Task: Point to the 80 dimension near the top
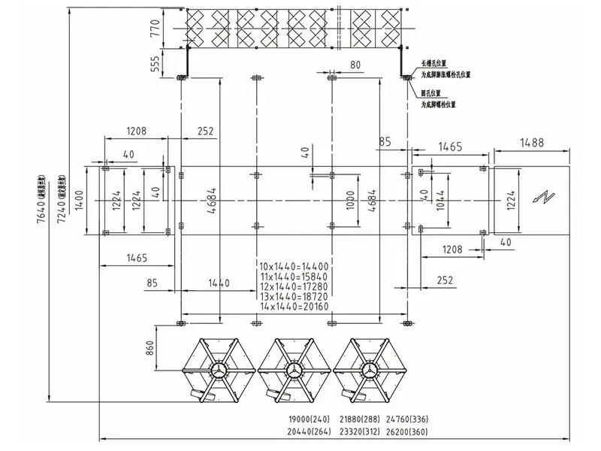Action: click(355, 65)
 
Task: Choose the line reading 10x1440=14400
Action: click(294, 266)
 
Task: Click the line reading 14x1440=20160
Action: click(294, 307)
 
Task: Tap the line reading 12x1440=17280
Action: click(294, 286)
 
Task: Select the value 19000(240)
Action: click(310, 419)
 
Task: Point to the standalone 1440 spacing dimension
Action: click(218, 283)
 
